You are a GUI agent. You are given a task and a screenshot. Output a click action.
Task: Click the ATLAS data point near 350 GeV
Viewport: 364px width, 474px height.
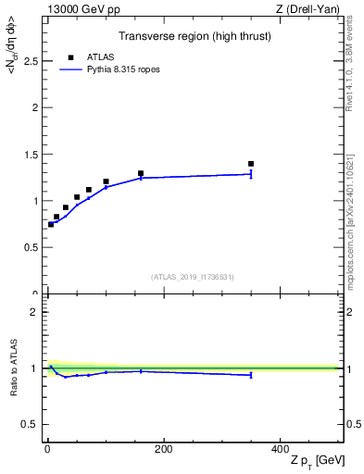click(251, 164)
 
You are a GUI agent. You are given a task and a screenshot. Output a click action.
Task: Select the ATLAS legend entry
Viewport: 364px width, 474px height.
click(92, 56)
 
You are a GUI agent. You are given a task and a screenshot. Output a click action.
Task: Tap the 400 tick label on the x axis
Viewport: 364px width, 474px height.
click(279, 449)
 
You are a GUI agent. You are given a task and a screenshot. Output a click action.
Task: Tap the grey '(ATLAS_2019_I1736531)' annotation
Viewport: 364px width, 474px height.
click(192, 277)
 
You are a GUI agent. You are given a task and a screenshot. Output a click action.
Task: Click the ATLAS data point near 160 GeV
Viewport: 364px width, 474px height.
click(141, 173)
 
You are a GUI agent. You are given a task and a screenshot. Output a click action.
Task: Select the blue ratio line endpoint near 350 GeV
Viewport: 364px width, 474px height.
click(251, 375)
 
